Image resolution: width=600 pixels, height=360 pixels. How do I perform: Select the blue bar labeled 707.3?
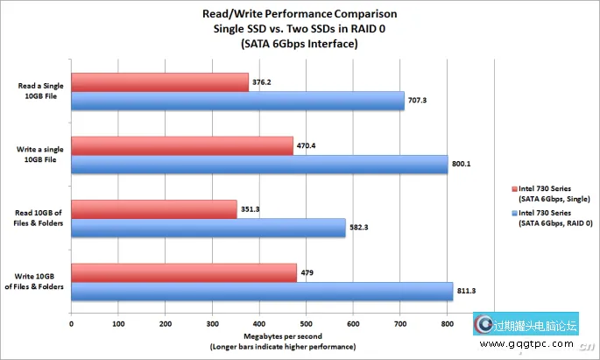236,102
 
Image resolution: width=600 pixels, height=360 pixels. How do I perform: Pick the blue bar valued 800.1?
258,165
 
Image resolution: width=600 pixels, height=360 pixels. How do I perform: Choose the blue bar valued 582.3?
208,228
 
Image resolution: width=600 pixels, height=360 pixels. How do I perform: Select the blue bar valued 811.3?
261,292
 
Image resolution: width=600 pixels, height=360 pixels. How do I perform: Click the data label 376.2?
262,82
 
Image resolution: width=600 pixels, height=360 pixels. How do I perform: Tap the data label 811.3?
468,292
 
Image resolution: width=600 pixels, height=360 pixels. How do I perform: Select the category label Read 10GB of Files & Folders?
39,218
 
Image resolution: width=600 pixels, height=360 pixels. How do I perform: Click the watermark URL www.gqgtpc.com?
530,347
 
